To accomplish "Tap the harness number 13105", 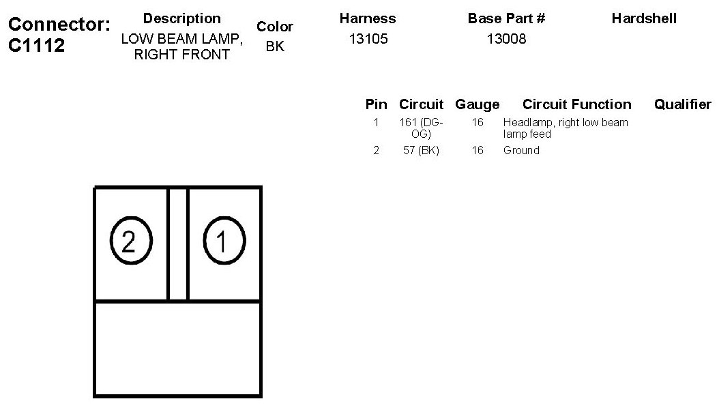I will click(368, 39).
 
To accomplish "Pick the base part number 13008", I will click(506, 39).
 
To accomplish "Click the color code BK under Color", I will click(275, 47).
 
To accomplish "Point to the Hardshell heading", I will click(644, 18).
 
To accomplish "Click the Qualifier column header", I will click(682, 104).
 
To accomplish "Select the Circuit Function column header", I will click(576, 104).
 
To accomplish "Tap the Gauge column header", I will click(477, 104).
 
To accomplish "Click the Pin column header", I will click(376, 104).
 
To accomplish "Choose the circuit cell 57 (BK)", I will click(421, 150).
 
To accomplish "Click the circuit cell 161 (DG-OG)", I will click(421, 128).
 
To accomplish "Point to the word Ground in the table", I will click(521, 150).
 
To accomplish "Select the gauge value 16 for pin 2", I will click(478, 150).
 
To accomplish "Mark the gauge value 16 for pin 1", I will click(478, 123).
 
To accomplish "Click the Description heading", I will click(182, 18).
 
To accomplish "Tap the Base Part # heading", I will click(506, 18).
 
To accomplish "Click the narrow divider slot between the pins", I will click(177, 244).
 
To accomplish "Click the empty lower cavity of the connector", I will click(177, 348).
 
